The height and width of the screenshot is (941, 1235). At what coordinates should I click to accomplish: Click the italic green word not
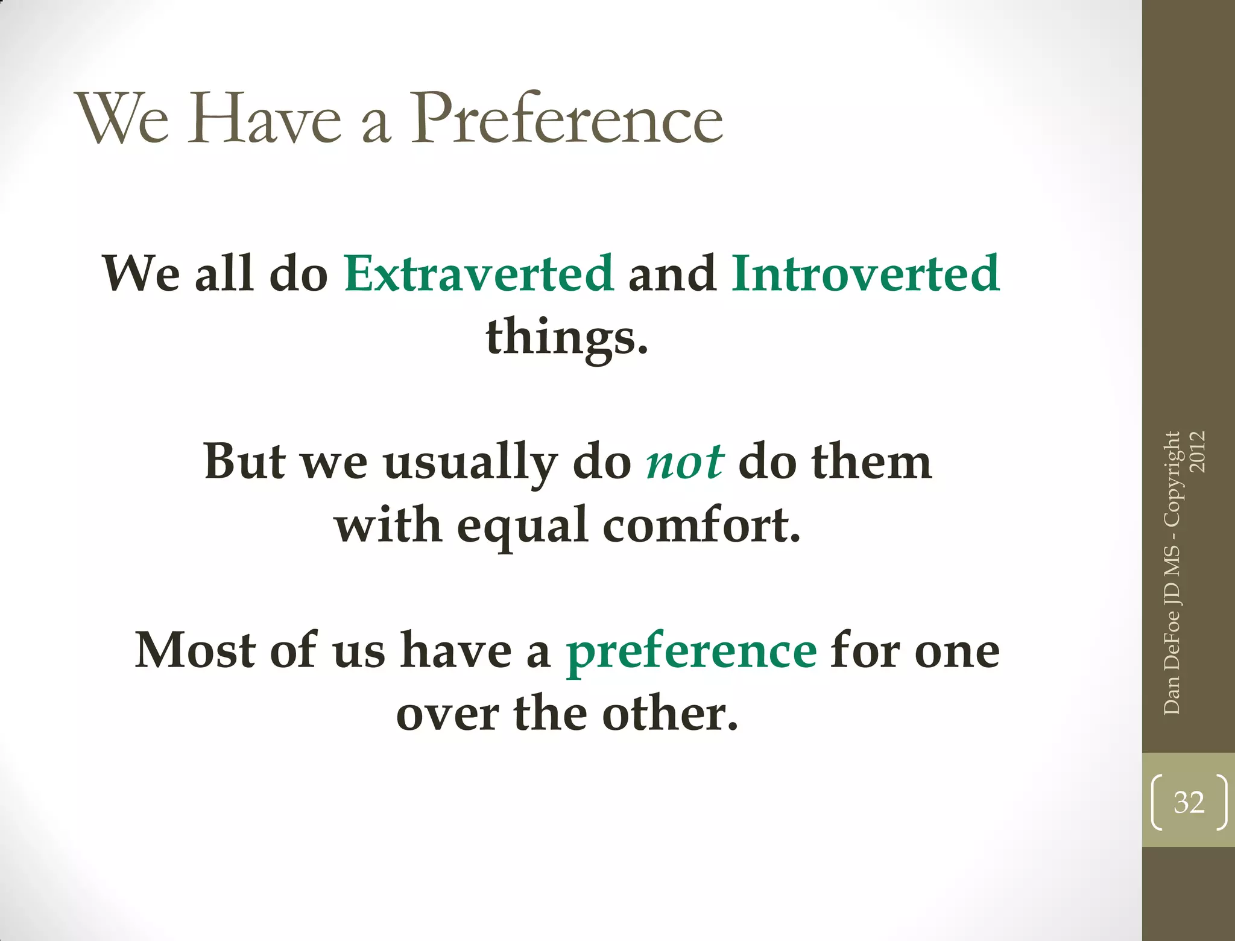pyautogui.click(x=684, y=462)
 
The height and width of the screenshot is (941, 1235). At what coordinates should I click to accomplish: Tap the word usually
pyautogui.click(x=470, y=463)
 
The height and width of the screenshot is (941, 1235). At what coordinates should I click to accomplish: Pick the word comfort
pyautogui.click(x=701, y=525)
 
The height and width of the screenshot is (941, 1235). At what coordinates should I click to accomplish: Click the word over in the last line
pyautogui.click(x=447, y=715)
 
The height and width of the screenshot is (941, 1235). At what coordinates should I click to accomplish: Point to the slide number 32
pyautogui.click(x=1189, y=802)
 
